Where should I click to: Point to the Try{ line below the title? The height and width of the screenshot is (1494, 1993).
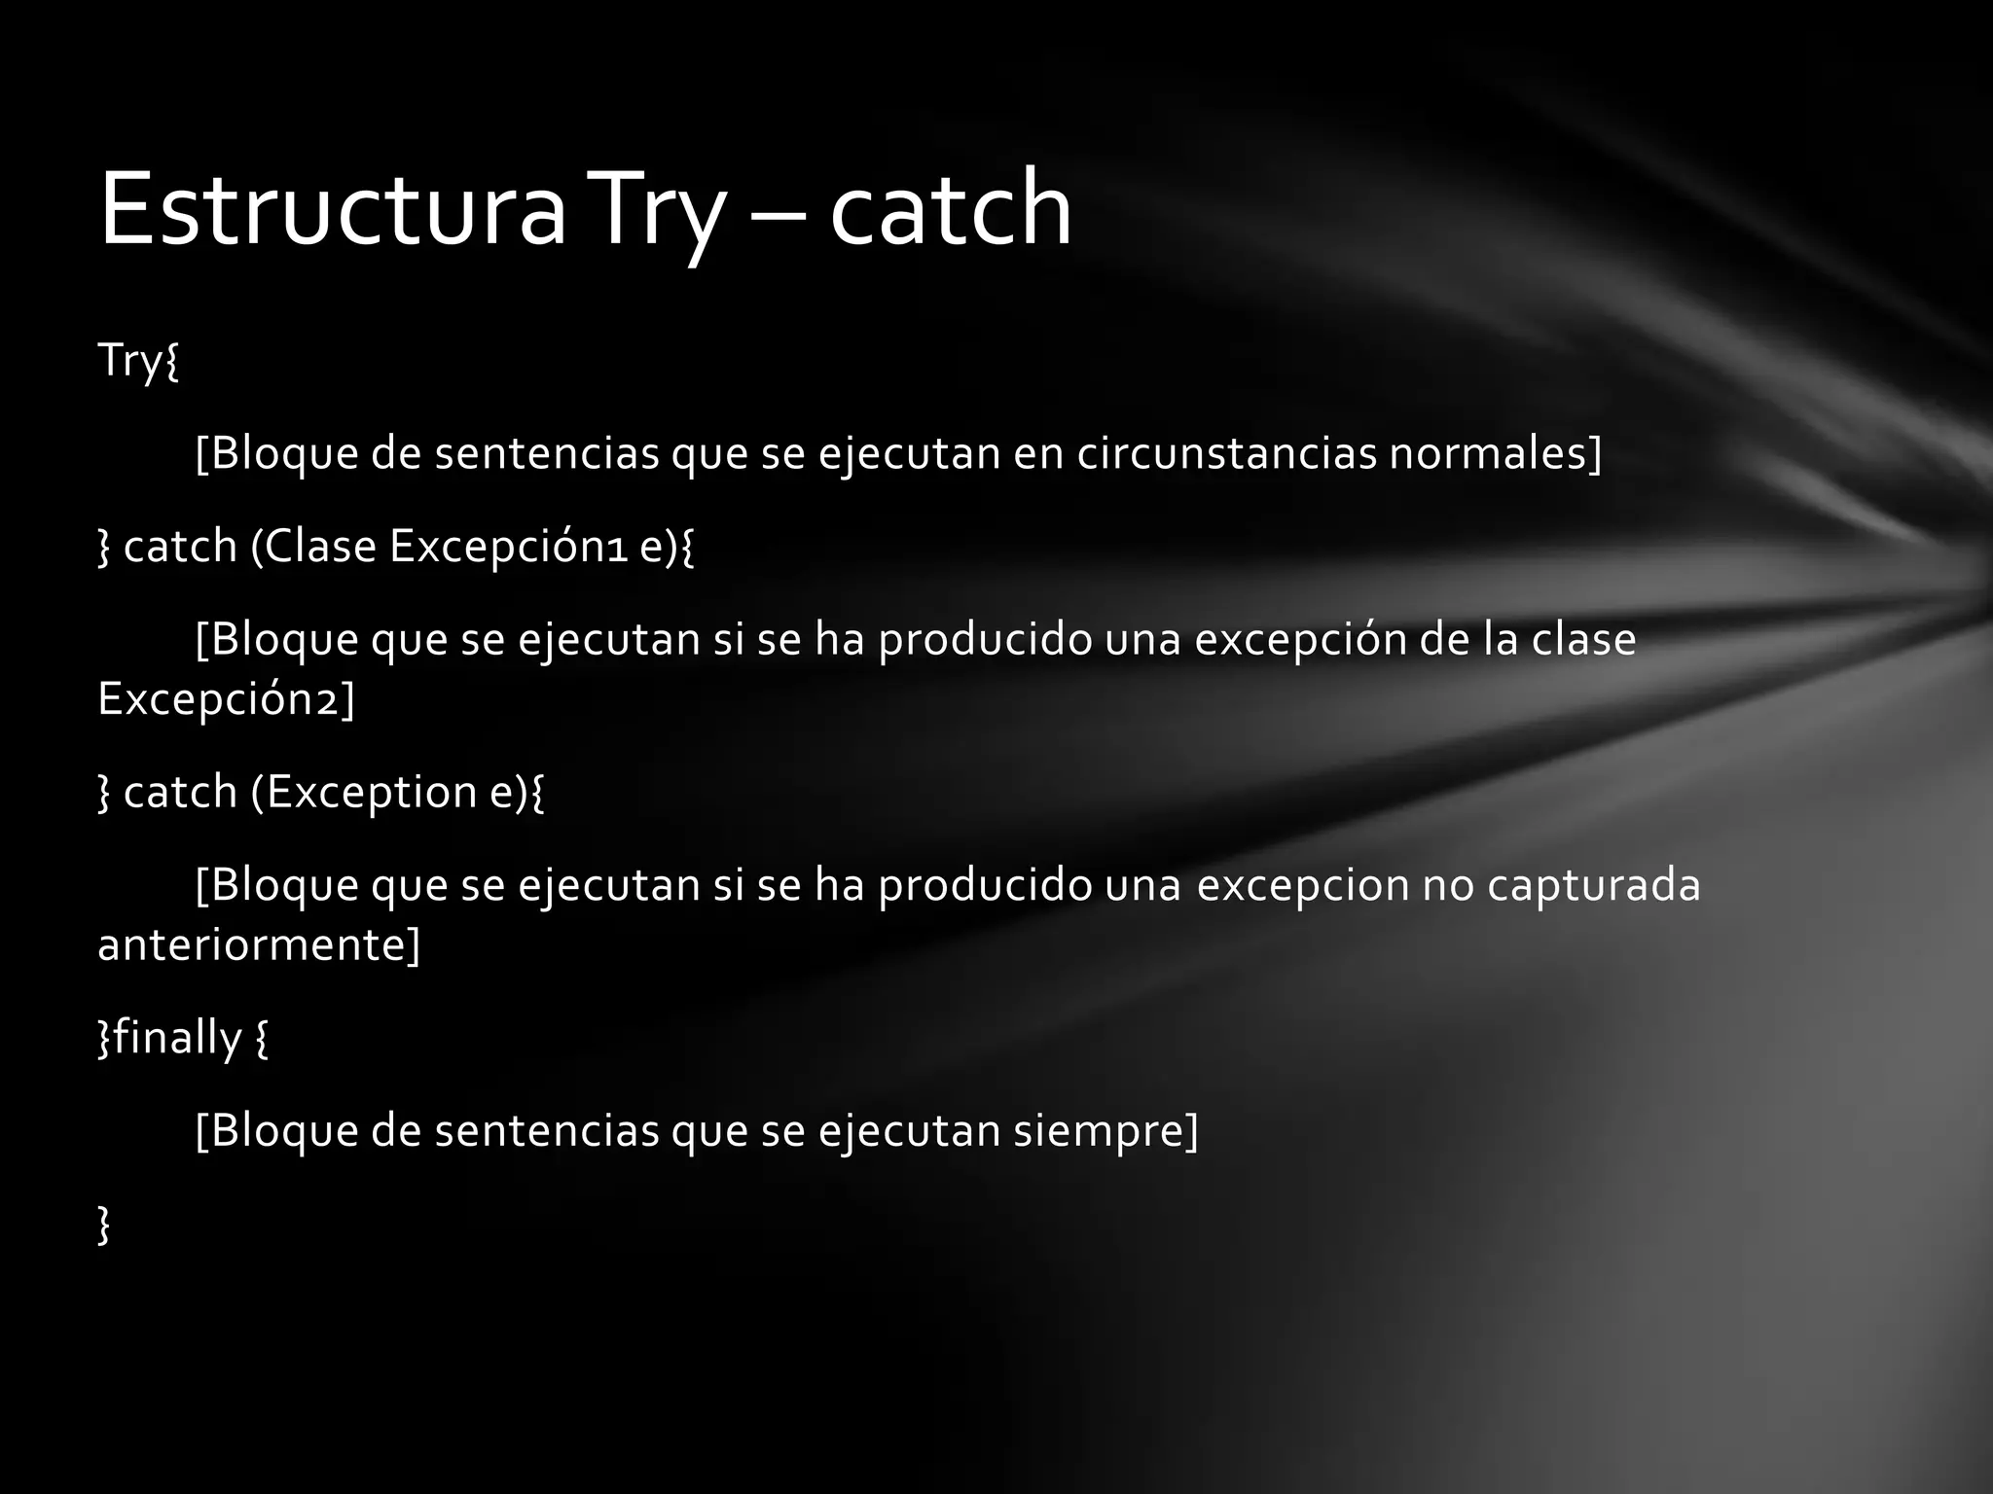138,361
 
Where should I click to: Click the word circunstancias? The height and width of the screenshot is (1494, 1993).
1226,453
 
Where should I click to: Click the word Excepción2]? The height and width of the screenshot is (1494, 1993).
226,699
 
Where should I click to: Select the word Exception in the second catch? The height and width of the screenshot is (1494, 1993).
371,792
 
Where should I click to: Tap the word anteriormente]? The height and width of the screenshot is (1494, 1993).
259,944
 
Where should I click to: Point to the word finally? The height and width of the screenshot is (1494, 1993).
177,1038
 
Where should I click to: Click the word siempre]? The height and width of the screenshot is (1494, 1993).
1105,1130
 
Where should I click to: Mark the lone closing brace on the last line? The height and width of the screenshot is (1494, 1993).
104,1224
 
